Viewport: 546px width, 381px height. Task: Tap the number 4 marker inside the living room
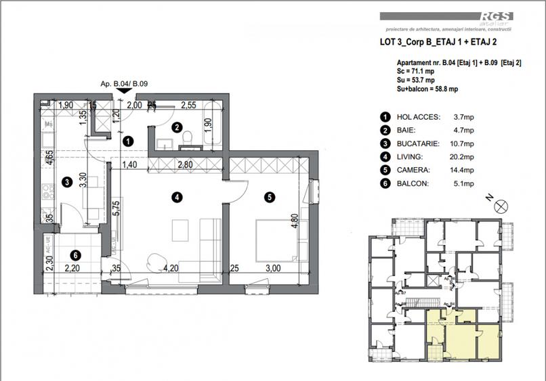pyautogui.click(x=176, y=198)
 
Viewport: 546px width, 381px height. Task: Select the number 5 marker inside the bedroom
pyautogui.click(x=270, y=198)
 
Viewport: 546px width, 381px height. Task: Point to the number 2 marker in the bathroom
pyautogui.click(x=177, y=127)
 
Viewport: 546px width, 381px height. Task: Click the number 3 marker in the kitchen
pyautogui.click(x=67, y=181)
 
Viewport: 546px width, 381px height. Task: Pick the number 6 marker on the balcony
pyautogui.click(x=76, y=255)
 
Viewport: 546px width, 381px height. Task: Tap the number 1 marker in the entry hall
pyautogui.click(x=127, y=141)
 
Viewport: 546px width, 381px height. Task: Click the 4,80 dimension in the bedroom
pyautogui.click(x=294, y=223)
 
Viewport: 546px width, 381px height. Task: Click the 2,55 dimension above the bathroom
pyautogui.click(x=188, y=105)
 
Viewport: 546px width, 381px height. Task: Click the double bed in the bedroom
pyautogui.click(x=274, y=239)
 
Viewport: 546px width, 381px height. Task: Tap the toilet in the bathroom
pyautogui.click(x=189, y=139)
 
